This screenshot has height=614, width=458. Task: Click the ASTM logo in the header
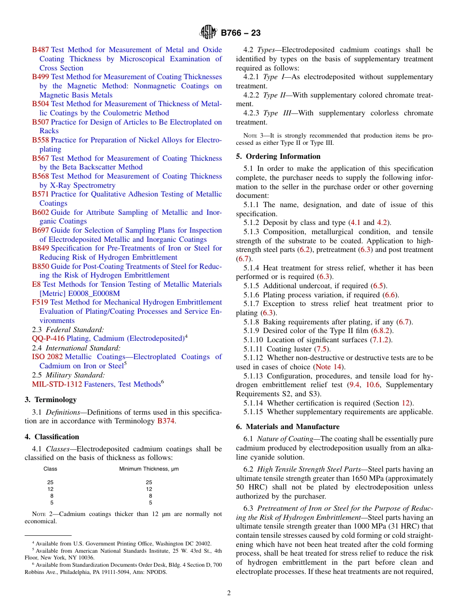coord(209,32)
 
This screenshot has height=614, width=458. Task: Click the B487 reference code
coord(40,50)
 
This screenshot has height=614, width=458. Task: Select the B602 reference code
coord(40,212)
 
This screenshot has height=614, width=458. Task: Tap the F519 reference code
coord(40,303)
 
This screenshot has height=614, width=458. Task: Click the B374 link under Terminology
coord(166,421)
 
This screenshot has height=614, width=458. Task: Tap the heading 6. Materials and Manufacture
coord(288,427)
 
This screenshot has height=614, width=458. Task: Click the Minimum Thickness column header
coord(149,469)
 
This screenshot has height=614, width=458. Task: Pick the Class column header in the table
coord(50,469)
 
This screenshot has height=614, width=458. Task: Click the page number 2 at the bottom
coord(229,593)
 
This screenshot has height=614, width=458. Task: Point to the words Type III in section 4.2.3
coord(278,113)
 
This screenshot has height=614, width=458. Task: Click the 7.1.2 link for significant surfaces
coord(380,340)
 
